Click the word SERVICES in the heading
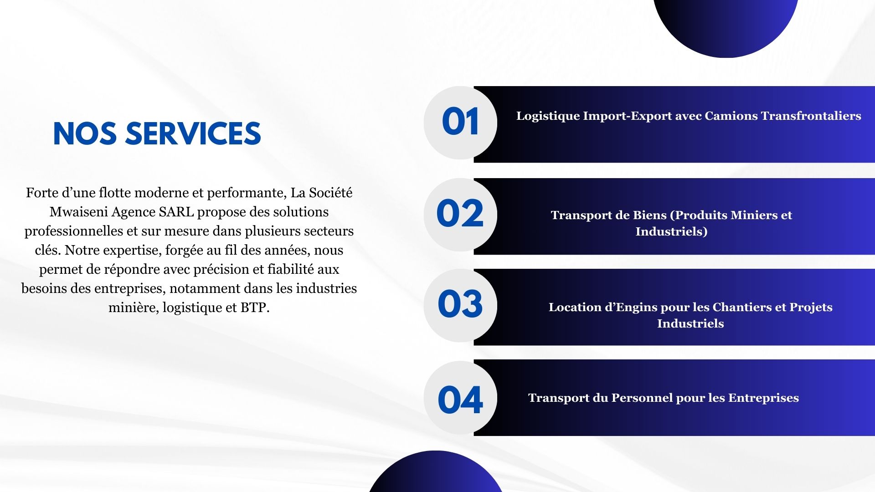[x=193, y=133]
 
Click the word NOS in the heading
[x=86, y=133]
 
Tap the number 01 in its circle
[x=460, y=122]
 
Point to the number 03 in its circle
[x=460, y=304]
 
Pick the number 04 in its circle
[x=460, y=400]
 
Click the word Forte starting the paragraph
[x=42, y=193]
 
